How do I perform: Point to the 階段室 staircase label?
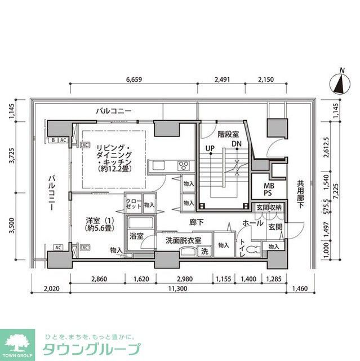228,134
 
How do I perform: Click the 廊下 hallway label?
197,222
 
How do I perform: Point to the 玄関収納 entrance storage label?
268,208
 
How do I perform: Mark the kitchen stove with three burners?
184,165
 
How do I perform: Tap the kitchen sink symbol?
158,165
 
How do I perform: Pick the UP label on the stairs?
210,149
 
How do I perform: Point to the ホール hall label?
251,223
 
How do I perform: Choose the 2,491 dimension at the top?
222,79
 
